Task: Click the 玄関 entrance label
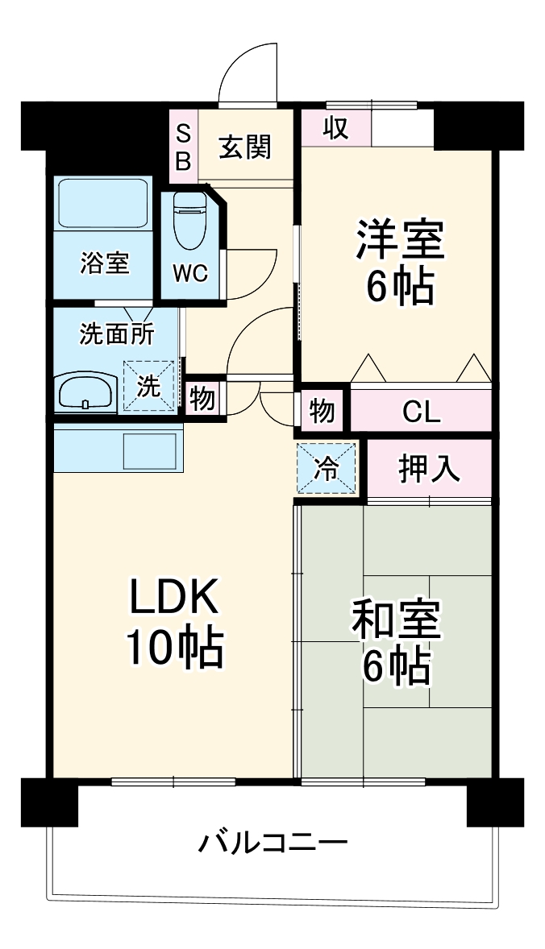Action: [246, 147]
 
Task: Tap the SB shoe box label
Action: [183, 147]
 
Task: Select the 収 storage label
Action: [336, 128]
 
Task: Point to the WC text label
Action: [191, 273]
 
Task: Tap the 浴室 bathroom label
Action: [104, 263]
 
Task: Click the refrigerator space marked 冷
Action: [327, 468]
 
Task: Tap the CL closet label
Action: [421, 412]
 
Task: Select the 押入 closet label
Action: [429, 468]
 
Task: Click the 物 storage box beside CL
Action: [322, 411]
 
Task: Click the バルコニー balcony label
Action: [272, 843]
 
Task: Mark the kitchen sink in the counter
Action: [148, 450]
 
